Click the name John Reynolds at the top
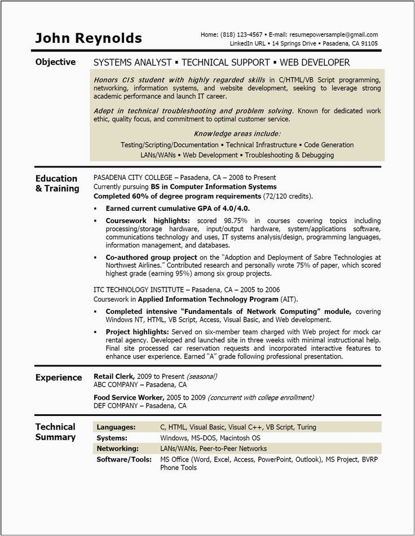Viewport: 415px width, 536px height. (89, 38)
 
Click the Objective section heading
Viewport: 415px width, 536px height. (55, 62)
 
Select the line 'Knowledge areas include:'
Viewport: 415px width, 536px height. (237, 134)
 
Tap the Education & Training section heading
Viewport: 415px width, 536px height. (57, 184)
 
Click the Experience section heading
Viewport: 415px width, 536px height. (59, 378)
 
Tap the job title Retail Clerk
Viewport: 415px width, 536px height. (113, 376)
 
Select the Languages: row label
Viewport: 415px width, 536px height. (116, 427)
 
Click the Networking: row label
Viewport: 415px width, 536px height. (117, 449)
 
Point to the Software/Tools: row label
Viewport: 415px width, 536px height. (124, 459)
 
